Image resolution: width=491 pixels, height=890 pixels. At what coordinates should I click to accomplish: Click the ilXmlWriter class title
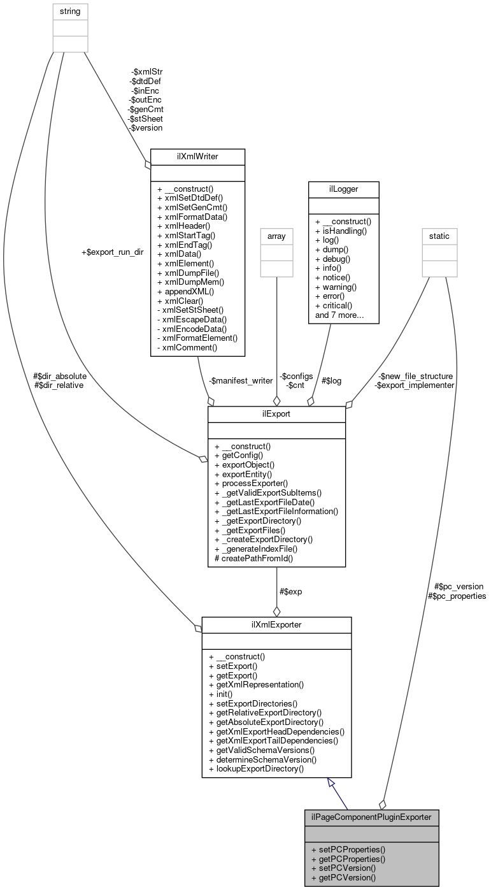pos(197,156)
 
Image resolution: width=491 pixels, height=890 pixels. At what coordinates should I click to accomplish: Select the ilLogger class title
pos(343,189)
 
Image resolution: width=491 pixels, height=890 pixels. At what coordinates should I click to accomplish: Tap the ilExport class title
pos(276,413)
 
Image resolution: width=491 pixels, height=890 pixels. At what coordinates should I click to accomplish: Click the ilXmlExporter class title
pos(276,625)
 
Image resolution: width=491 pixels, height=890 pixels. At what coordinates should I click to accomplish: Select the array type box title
pos(276,236)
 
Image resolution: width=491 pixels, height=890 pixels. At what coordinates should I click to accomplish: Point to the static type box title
pos(439,236)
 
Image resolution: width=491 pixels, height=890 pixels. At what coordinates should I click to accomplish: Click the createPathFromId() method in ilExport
pos(253,558)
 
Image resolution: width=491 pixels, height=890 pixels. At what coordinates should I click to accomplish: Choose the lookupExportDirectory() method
pos(256,768)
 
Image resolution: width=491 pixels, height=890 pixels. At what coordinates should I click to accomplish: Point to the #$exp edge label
pos(290,591)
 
